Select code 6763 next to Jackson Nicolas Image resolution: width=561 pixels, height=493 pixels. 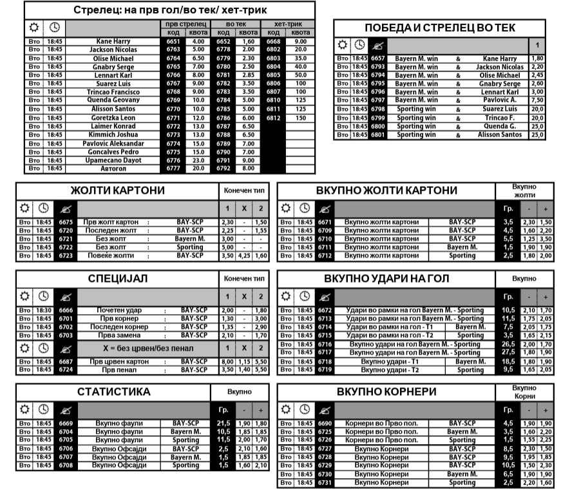pos(173,50)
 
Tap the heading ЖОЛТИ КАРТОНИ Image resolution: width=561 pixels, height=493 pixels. pos(117,191)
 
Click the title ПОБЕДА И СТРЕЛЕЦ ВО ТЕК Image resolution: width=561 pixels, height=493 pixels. pos(440,28)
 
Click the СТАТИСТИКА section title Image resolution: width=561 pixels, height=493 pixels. pos(113,391)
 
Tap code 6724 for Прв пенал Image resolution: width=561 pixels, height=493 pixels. pos(66,370)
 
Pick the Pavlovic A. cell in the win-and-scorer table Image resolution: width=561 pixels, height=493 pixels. pos(500,100)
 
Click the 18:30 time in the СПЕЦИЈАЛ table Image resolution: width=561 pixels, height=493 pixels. pos(43,310)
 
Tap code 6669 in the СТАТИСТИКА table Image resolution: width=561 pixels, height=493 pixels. pos(66,423)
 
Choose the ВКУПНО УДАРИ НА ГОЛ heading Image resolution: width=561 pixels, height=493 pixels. pos(386,279)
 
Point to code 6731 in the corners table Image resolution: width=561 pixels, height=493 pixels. pos(325,482)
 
